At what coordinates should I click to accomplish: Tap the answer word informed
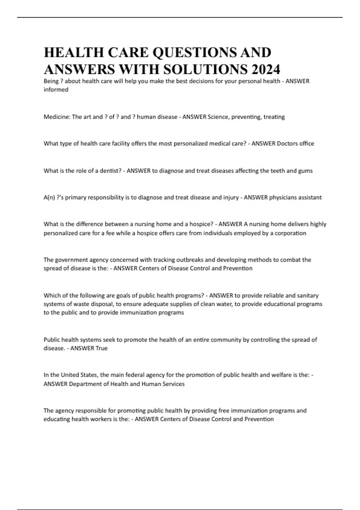(56, 90)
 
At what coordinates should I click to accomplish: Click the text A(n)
(49, 197)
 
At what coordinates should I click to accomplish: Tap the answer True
(101, 348)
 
